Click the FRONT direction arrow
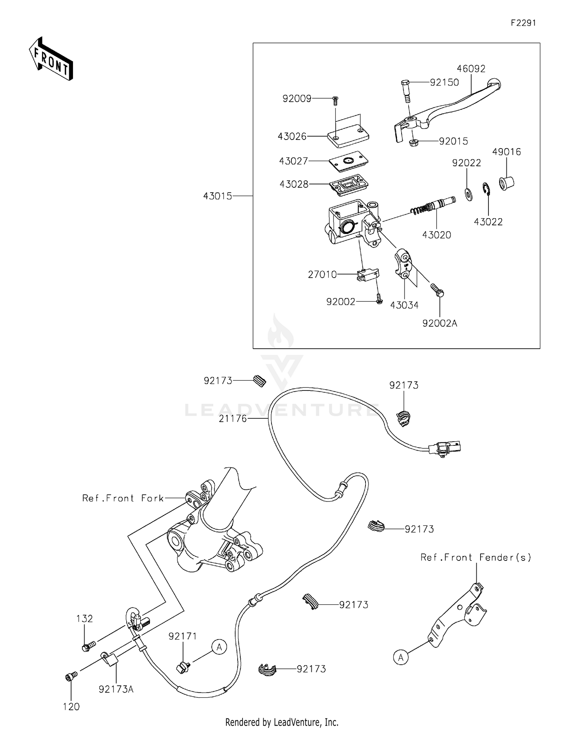(x=51, y=59)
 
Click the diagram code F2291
(x=523, y=23)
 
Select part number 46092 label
(x=471, y=69)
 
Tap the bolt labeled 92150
(x=405, y=91)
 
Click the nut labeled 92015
(x=414, y=143)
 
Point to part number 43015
(x=217, y=196)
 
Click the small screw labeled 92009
(x=336, y=100)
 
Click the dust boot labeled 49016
(x=506, y=183)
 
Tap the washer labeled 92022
(x=469, y=194)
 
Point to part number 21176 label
(x=233, y=418)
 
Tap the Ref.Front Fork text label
(x=123, y=498)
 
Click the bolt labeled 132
(x=88, y=646)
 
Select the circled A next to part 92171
(x=219, y=647)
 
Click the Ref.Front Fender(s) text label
(x=475, y=557)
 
